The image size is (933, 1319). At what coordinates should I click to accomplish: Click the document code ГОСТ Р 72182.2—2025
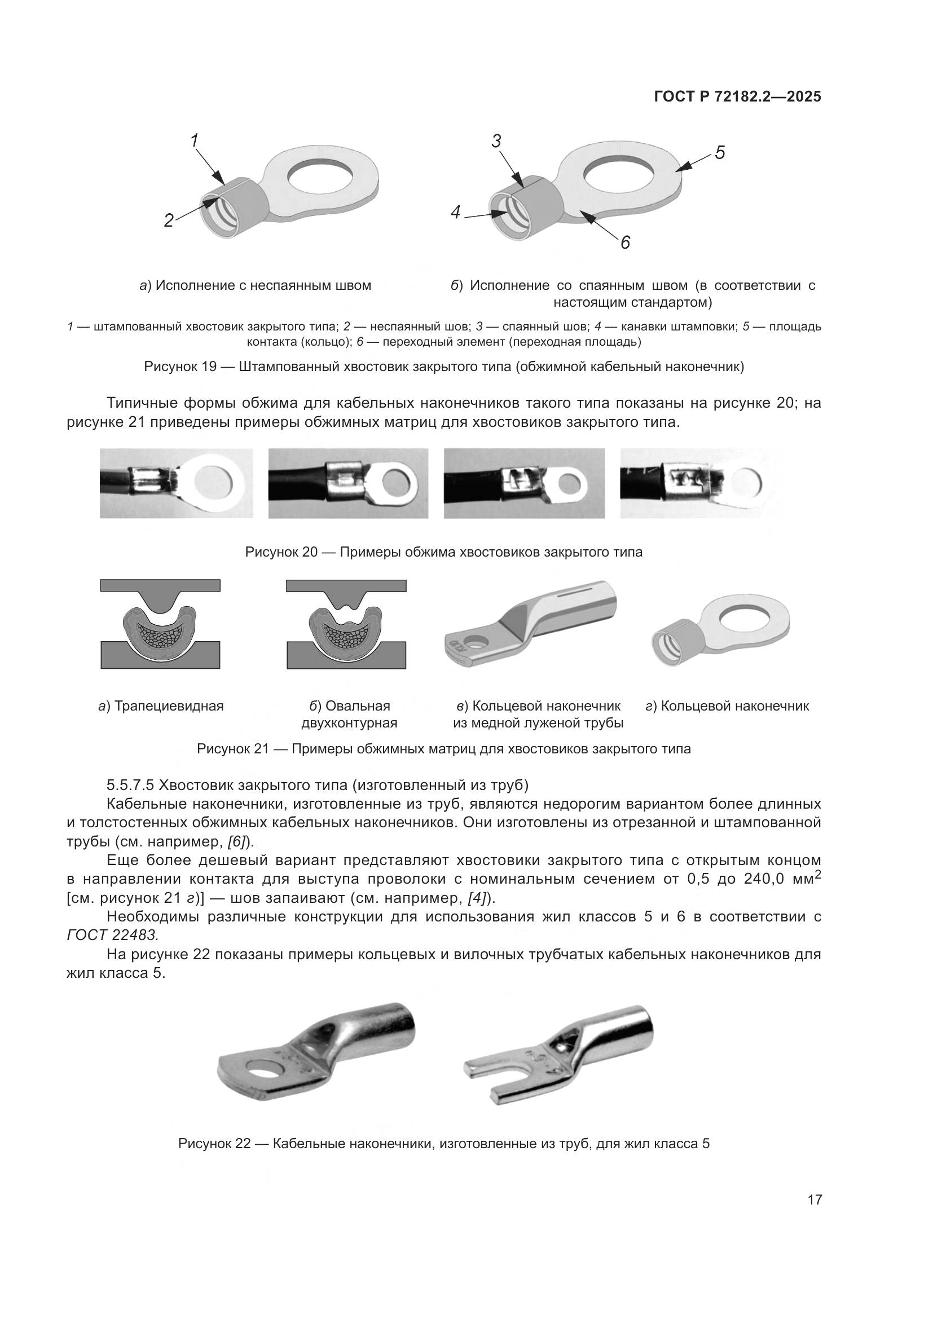click(737, 97)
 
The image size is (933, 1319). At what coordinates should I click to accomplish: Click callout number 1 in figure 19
click(194, 140)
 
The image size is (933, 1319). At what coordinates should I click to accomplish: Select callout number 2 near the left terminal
click(168, 220)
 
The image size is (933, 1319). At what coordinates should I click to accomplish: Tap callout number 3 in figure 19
click(496, 141)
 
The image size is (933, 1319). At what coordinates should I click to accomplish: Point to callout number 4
click(456, 213)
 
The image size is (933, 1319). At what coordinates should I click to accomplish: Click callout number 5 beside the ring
click(720, 152)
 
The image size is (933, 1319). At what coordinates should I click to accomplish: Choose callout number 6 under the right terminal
click(625, 242)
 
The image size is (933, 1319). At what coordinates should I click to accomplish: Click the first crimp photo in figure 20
click(176, 483)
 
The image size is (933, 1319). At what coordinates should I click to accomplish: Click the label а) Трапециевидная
click(161, 706)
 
